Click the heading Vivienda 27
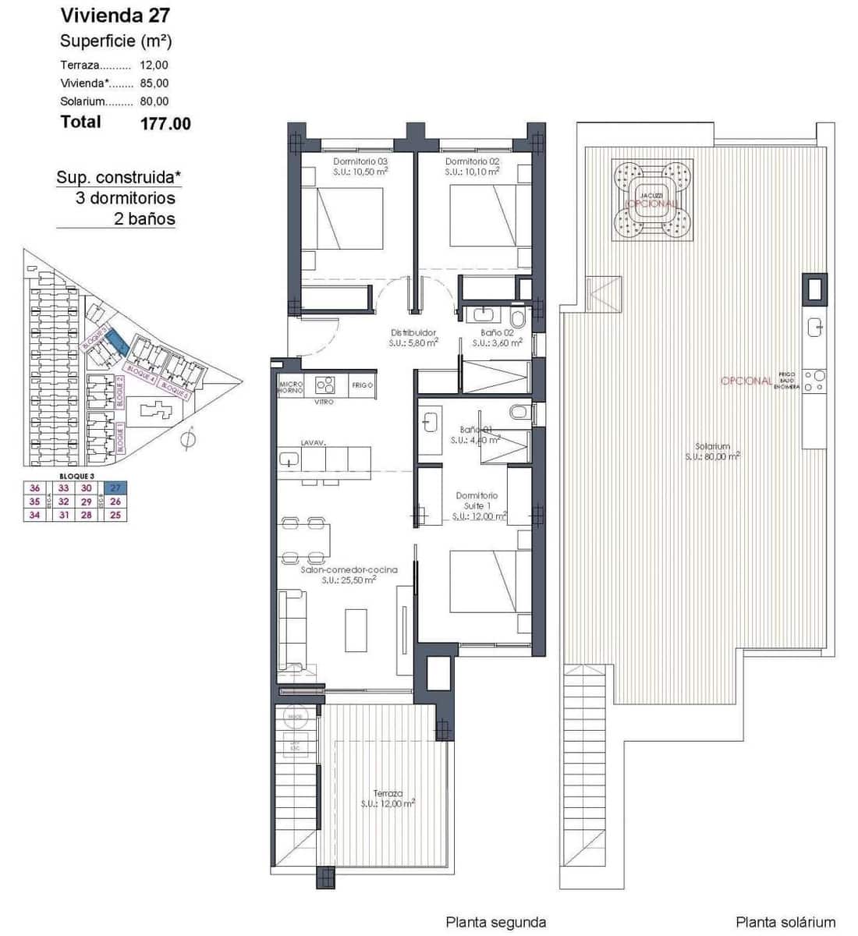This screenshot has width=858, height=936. click(x=115, y=15)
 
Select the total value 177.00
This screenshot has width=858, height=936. click(x=165, y=123)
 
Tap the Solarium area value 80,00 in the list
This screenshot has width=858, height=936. click(x=154, y=101)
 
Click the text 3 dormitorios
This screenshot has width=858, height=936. click(x=126, y=198)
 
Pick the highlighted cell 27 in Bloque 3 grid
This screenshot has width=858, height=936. click(x=115, y=488)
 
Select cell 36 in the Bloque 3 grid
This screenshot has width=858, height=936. click(x=34, y=488)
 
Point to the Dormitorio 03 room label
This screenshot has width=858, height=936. click(x=360, y=161)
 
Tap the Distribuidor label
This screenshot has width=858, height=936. click(x=413, y=333)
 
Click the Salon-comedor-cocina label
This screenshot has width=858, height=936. click(x=349, y=570)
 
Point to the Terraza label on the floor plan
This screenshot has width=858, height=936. click(x=388, y=794)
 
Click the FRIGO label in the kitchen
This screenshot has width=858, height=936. click(x=363, y=385)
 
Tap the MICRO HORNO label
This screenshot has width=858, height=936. click(x=291, y=386)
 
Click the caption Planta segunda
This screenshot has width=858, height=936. click(x=495, y=922)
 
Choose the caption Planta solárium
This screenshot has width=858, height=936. click(x=785, y=922)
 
